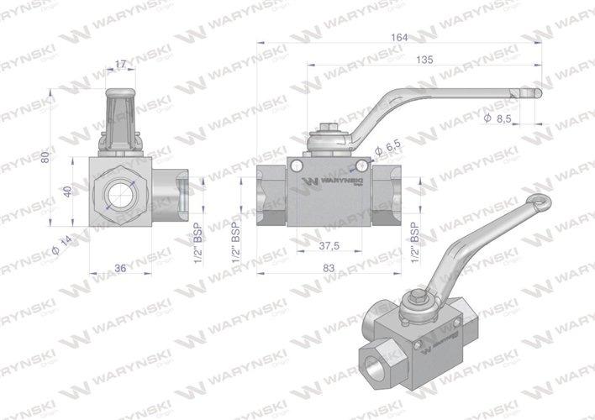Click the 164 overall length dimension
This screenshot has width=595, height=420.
[399, 36]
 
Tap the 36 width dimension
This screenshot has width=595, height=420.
[120, 269]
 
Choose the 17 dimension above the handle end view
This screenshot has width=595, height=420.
[121, 63]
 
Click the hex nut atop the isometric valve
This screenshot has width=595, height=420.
[419, 298]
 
